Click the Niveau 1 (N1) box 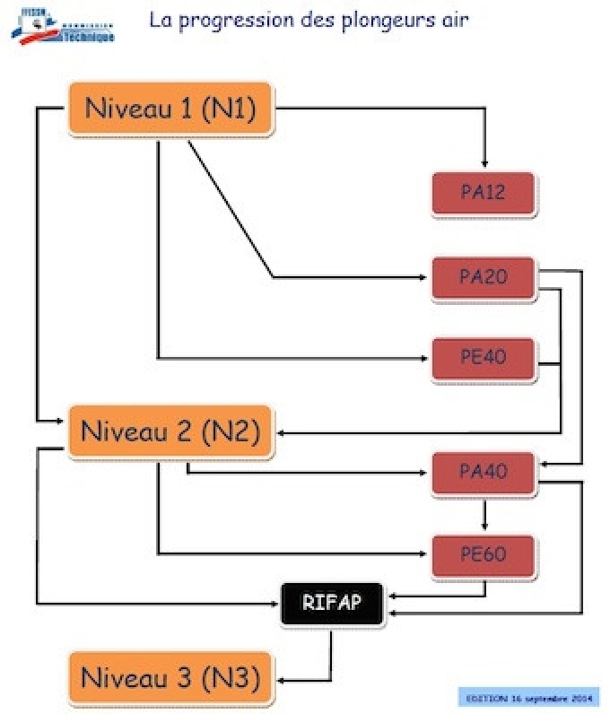(x=170, y=109)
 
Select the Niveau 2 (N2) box (x=170, y=431)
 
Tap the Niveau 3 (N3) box (x=170, y=678)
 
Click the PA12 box (x=484, y=193)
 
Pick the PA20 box (x=484, y=277)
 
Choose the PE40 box (x=484, y=358)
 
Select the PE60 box (x=484, y=554)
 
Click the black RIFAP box (x=332, y=602)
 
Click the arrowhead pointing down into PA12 (x=484, y=164)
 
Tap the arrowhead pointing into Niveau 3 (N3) (x=282, y=678)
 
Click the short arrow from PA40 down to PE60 (x=484, y=516)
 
